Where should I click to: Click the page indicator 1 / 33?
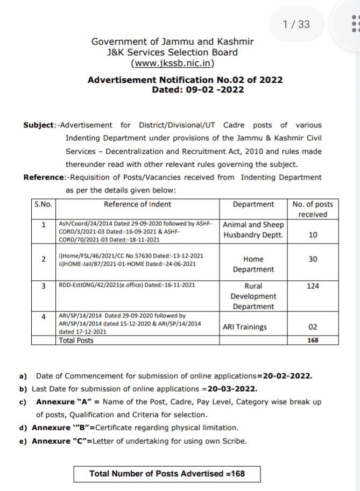[296, 24]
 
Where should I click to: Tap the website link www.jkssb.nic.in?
[173, 63]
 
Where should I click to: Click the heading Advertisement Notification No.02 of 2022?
[185, 80]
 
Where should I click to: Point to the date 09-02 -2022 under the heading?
[213, 89]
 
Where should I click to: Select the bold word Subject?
[39, 125]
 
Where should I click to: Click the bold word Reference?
[44, 177]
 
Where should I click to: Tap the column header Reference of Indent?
[138, 204]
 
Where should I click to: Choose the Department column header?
[253, 204]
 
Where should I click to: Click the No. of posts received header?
[313, 209]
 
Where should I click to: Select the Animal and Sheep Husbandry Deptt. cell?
[253, 230]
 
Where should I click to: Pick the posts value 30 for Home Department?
[313, 259]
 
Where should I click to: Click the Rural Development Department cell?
[253, 296]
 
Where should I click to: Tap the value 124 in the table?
[313, 286]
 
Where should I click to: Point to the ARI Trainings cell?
[245, 326]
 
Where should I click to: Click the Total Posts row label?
[76, 340]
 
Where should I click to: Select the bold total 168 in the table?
[313, 340]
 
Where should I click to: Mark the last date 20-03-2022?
[230, 389]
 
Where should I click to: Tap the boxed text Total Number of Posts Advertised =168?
[167, 474]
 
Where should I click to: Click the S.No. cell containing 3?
[44, 286]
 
